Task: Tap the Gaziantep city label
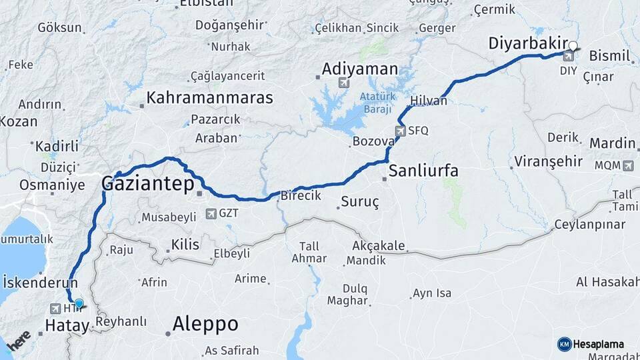click(x=147, y=183)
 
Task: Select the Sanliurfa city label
click(x=423, y=171)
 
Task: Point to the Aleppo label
click(x=205, y=324)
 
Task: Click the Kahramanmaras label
click(x=209, y=97)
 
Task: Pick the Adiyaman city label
click(x=359, y=69)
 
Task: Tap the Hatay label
click(x=67, y=325)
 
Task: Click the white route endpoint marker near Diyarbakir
click(x=572, y=47)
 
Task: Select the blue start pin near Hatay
click(x=79, y=304)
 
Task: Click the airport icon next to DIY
click(x=569, y=56)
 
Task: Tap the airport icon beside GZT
click(x=211, y=214)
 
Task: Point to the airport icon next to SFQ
click(x=401, y=131)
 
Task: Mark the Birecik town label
click(x=301, y=196)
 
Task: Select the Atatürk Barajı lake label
click(x=378, y=103)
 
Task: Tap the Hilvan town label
click(x=429, y=101)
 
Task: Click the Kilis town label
click(x=185, y=245)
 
